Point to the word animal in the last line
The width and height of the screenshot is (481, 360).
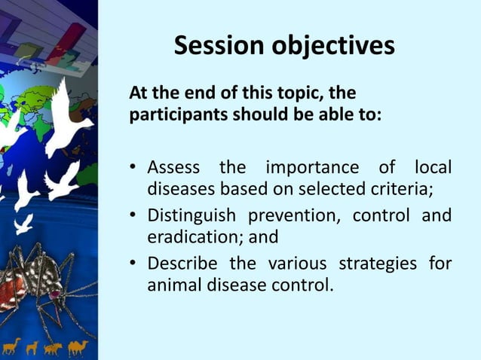tap(173, 285)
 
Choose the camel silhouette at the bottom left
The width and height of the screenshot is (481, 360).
tap(78, 346)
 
